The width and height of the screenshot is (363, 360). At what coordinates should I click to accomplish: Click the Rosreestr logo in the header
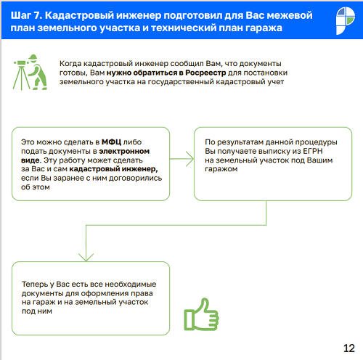tap(346, 20)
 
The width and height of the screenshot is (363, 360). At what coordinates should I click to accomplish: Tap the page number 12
tap(349, 348)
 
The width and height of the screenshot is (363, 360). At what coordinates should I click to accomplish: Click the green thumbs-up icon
tap(201, 314)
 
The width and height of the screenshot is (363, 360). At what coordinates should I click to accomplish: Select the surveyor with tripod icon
tap(30, 72)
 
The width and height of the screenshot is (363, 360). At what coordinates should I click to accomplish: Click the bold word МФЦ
tap(111, 142)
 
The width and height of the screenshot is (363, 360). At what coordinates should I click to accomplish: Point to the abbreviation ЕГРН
tap(313, 151)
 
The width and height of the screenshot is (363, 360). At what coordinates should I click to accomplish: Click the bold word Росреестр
tap(205, 73)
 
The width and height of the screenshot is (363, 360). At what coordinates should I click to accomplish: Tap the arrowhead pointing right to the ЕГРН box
tap(190, 159)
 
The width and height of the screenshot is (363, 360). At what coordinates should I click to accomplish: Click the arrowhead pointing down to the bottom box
tap(86, 257)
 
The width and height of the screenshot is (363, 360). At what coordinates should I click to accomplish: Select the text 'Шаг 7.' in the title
tap(26, 15)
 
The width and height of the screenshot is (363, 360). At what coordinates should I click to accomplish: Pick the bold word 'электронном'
tap(124, 151)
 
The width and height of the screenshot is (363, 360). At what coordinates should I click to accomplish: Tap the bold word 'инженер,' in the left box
tap(139, 169)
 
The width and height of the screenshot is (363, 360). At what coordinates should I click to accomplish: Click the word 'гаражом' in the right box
tap(221, 169)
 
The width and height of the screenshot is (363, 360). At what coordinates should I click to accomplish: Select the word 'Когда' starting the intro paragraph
tap(70, 63)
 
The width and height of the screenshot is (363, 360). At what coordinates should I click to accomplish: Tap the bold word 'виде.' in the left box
tap(31, 160)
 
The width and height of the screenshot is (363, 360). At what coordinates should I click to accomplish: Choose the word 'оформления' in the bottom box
tap(105, 293)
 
